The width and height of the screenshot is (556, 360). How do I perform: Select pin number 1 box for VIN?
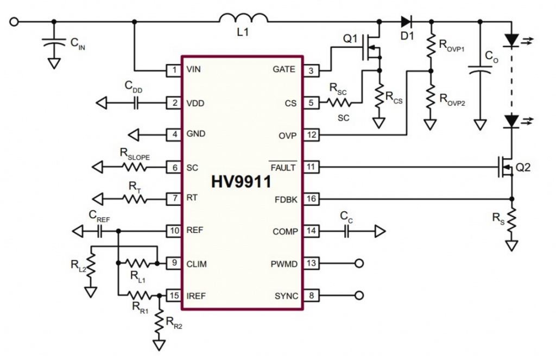coord(174,70)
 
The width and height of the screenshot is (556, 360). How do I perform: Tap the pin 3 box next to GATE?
coord(310,70)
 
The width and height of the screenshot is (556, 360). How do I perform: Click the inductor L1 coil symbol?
coord(243,19)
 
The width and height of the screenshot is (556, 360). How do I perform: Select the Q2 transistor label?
coord(523,167)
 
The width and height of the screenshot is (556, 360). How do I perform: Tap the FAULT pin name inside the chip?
coord(282,167)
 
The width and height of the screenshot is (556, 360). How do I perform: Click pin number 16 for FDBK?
coord(310,199)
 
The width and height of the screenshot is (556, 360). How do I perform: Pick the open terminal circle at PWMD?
coord(358,264)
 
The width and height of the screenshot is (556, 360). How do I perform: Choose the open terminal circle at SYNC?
coord(358,296)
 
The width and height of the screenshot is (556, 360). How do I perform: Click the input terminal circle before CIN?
coord(15,22)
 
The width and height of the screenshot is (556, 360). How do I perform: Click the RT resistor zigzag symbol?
coord(135,199)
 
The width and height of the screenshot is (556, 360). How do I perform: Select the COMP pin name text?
coord(285,232)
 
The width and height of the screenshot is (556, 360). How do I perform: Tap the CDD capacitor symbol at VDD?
coord(136,103)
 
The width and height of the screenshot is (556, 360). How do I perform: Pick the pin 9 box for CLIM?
coord(174,264)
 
